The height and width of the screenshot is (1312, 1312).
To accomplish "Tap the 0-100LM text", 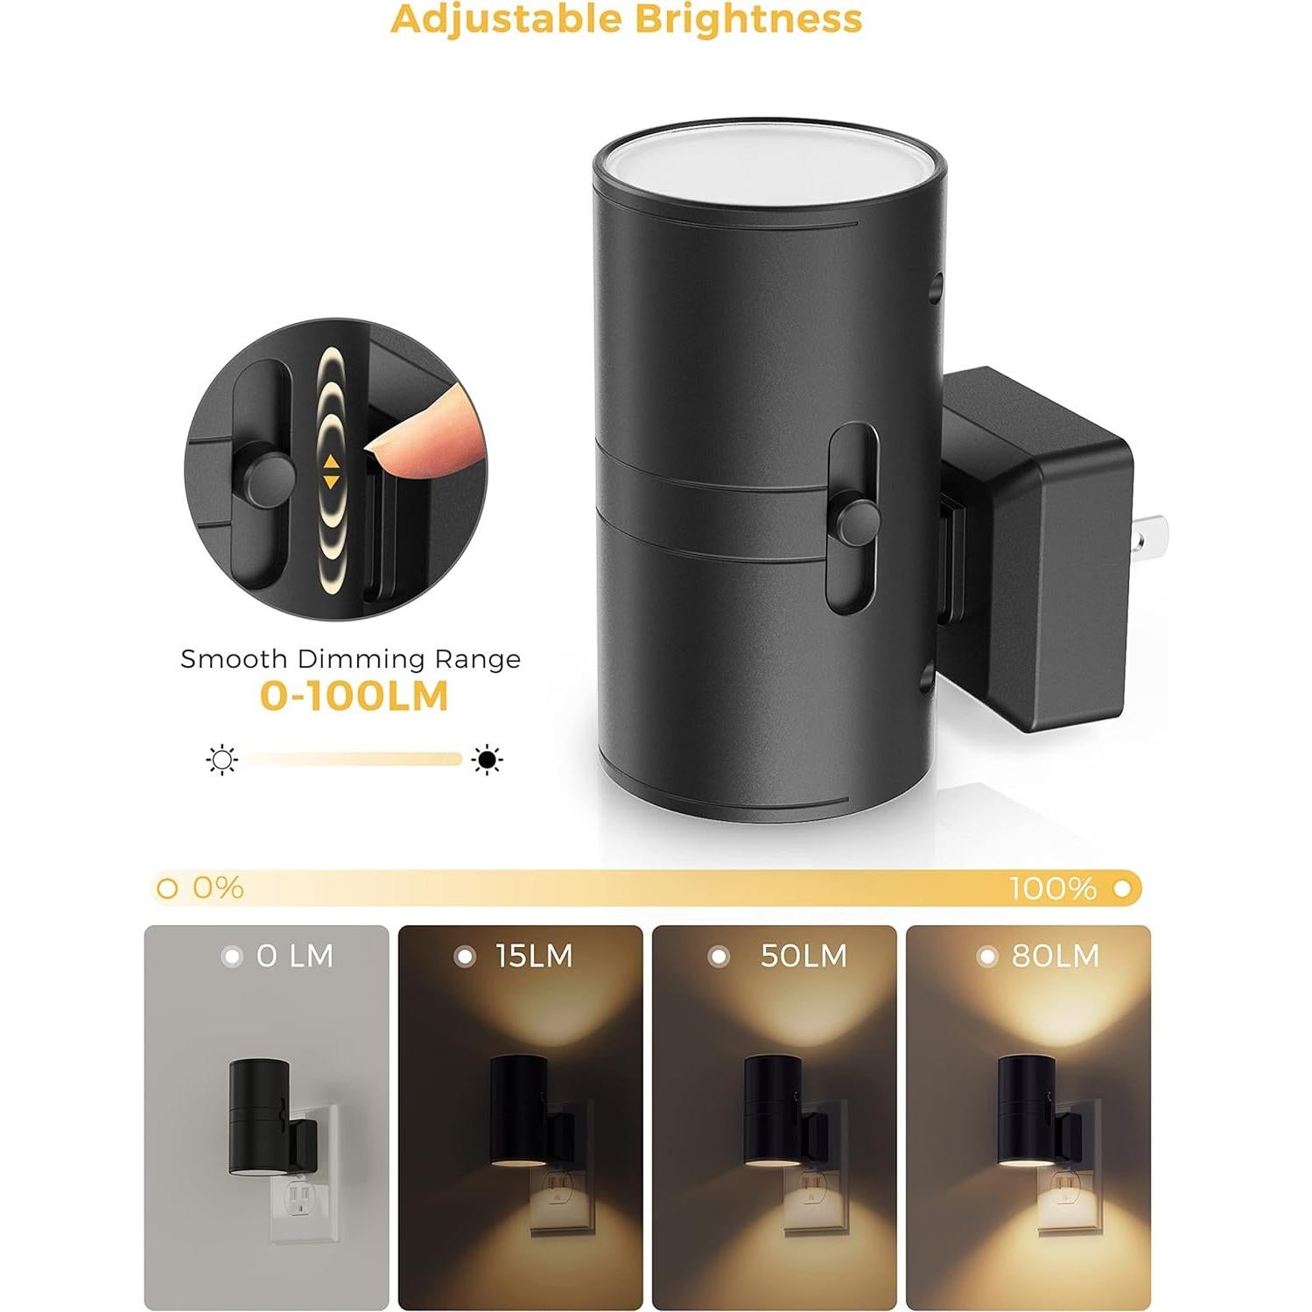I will click(354, 697).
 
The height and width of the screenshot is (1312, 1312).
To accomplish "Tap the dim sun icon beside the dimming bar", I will click(222, 760).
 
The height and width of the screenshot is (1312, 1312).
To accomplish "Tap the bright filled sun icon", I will click(487, 760).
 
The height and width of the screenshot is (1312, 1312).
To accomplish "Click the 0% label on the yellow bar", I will click(217, 888).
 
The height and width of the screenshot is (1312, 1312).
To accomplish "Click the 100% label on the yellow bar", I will click(1052, 888).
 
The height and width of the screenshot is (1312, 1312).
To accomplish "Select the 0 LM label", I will click(294, 956).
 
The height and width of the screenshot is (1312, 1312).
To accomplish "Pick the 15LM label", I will click(533, 956).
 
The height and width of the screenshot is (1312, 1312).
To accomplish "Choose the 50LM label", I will click(803, 956).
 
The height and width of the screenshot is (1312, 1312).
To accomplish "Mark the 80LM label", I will click(1055, 956).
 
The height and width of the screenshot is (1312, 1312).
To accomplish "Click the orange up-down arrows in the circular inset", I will click(331, 472).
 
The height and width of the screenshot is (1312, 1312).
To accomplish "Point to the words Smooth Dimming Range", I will click(350, 659).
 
